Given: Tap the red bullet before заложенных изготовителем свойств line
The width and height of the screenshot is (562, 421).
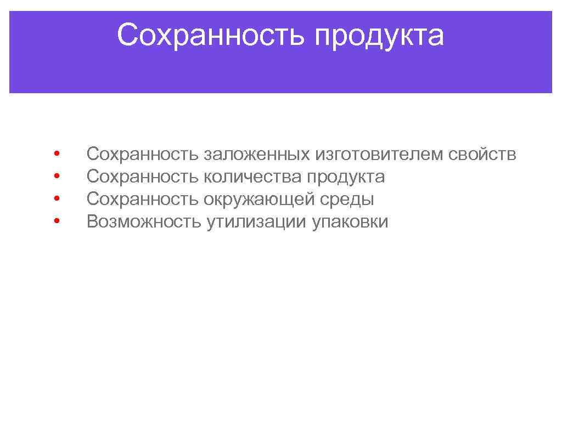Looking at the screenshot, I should (57, 154).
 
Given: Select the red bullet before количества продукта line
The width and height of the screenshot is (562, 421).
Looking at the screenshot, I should (57, 177).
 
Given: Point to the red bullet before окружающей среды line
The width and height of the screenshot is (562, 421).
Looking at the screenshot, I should (57, 198).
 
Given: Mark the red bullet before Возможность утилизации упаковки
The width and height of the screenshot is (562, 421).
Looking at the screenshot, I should (57, 221).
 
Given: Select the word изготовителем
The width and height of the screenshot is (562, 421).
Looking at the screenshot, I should (379, 155).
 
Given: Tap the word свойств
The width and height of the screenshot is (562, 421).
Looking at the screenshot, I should (482, 155).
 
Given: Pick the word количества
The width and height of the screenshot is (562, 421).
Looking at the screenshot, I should (253, 177).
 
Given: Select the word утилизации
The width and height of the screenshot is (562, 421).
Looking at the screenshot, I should (257, 221).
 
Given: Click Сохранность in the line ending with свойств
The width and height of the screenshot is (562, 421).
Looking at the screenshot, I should (143, 155).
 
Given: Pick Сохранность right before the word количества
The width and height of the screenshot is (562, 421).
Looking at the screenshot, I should (143, 177).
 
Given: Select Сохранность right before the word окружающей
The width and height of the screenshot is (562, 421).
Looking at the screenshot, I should (143, 199).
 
